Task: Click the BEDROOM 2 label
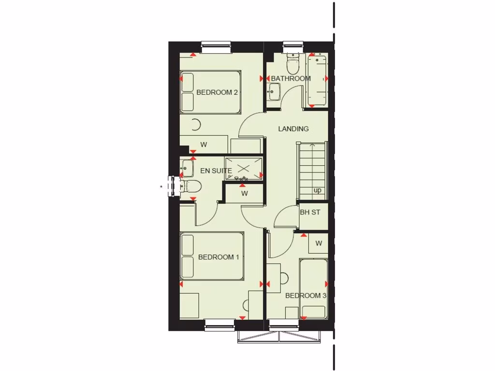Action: point(217,92)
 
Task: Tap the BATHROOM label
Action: point(291,78)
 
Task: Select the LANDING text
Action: point(293,128)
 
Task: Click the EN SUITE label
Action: point(216,171)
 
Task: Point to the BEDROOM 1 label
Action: point(218,257)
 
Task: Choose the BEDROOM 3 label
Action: point(306,295)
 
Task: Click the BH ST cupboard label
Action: point(310,212)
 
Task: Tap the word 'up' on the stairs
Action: point(318,190)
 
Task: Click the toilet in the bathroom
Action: point(292,62)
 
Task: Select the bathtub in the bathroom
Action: point(317,80)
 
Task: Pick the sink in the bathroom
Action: point(274,91)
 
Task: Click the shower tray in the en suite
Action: point(244,169)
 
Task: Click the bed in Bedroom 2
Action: point(210,92)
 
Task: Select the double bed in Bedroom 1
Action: point(212,256)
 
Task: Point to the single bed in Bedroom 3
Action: point(313,289)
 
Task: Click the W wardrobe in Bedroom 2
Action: point(204,144)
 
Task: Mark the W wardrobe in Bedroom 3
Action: point(319,243)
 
